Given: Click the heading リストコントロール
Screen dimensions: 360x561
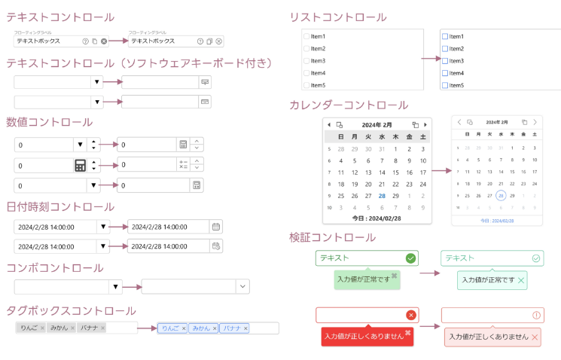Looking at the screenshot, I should (338, 17).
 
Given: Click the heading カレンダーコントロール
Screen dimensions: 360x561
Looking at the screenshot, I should (349, 105).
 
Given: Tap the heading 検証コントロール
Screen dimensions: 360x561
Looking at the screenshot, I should (332, 237).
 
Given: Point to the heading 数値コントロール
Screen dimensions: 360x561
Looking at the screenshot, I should (50, 122).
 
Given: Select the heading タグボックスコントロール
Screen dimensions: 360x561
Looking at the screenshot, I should (71, 310).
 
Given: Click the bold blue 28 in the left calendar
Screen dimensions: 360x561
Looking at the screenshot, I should (383, 195).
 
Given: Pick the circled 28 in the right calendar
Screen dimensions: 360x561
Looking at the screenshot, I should (500, 195).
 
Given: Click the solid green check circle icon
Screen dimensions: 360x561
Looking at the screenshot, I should (410, 258).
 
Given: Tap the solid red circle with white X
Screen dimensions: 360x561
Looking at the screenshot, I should (410, 315).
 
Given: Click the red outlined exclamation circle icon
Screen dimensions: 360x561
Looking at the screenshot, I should (536, 315).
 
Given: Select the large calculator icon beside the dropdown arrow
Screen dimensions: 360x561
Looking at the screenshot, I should (81, 166).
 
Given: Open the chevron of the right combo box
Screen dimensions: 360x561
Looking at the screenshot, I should (242, 286).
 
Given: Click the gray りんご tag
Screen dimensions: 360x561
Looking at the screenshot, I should (29, 328).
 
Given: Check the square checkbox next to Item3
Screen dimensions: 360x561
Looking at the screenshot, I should (445, 61).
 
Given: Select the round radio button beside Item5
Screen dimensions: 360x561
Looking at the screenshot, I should (306, 85).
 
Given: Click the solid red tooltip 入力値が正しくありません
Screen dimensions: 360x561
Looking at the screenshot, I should (364, 337).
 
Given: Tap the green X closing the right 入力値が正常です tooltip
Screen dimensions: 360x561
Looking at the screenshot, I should (521, 280).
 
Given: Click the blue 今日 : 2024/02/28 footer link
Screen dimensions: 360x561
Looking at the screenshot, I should (497, 221).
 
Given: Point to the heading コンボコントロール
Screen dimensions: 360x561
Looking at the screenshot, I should (55, 267).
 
